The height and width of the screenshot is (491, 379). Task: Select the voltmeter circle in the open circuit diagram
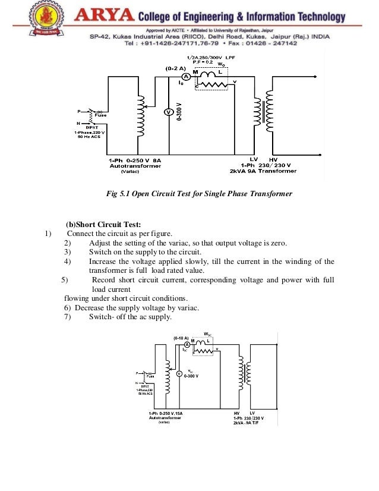(168, 112)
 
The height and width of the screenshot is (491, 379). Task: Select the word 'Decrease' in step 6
(94, 307)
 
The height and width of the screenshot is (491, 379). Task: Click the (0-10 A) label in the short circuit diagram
(181, 338)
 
